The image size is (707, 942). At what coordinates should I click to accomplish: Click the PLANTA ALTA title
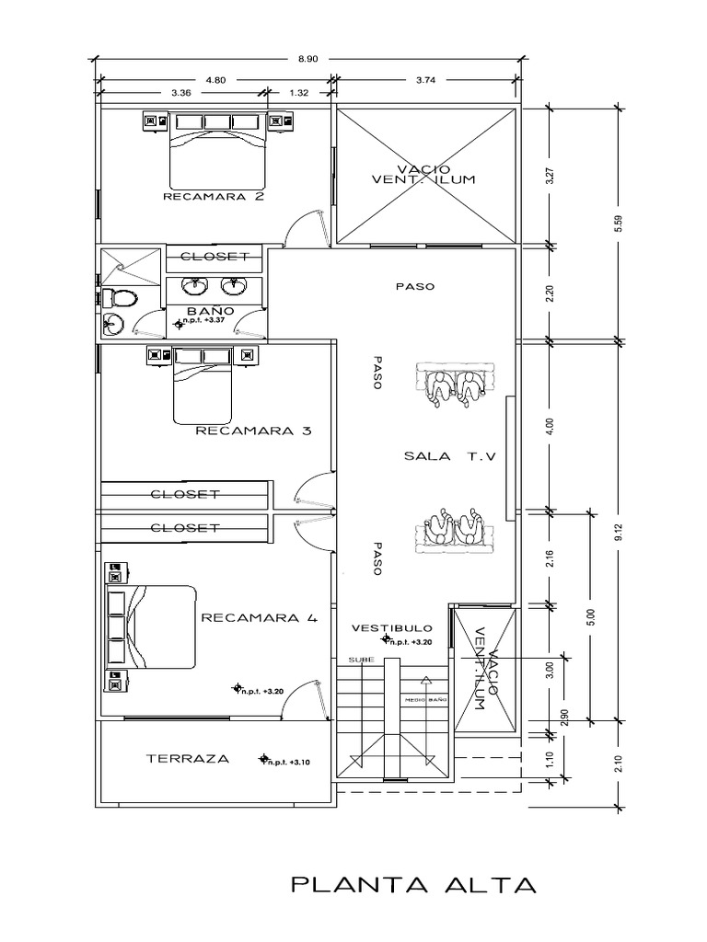pyautogui.click(x=412, y=886)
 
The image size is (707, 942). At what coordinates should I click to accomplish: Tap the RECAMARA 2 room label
pyautogui.click(x=214, y=196)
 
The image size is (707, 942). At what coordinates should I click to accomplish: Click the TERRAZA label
pyautogui.click(x=187, y=759)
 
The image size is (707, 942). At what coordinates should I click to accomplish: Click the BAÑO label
pyautogui.click(x=210, y=312)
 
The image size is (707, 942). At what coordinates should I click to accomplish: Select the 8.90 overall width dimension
pyautogui.click(x=307, y=59)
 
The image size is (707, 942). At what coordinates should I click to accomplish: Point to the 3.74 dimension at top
pyautogui.click(x=425, y=80)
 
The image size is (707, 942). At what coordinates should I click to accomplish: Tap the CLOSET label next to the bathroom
pyautogui.click(x=214, y=256)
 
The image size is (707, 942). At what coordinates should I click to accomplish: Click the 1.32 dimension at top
pyautogui.click(x=298, y=92)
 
